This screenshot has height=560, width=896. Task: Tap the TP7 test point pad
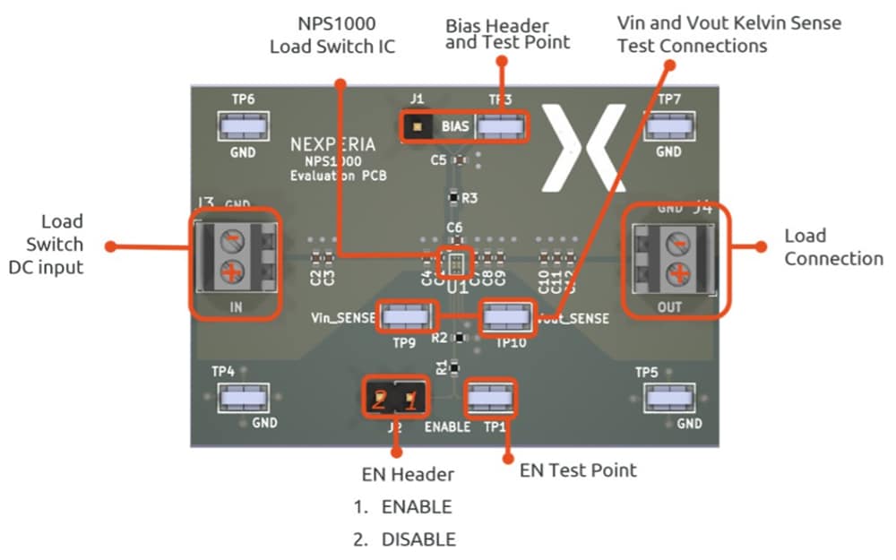click(668, 127)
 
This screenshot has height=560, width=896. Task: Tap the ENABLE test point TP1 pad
click(491, 397)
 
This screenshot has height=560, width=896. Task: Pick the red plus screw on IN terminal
click(231, 272)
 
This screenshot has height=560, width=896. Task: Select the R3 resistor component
click(453, 197)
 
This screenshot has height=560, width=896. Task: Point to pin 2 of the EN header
click(380, 399)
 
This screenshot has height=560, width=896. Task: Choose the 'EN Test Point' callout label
click(578, 470)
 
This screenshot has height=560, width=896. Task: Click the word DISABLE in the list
click(418, 539)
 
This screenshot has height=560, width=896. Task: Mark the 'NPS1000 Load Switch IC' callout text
click(332, 34)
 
